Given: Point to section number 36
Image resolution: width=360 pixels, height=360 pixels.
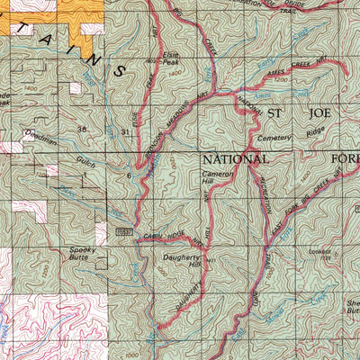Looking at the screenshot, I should (x=82, y=130).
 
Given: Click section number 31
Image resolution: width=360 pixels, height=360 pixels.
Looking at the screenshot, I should (x=123, y=132).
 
